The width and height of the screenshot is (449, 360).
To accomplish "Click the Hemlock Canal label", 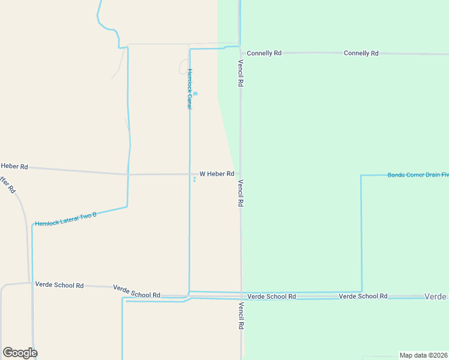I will tap(189, 89).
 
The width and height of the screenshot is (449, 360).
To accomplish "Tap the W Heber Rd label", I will tap(217, 174).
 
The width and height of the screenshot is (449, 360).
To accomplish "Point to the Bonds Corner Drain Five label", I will tap(418, 175).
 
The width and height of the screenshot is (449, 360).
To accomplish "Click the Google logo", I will tap(20, 353).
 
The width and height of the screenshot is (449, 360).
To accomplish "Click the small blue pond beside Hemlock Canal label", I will tap(194, 94).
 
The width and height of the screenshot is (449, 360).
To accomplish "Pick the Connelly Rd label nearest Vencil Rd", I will tap(264, 53).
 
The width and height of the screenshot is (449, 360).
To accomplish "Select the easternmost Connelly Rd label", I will tap(361, 53).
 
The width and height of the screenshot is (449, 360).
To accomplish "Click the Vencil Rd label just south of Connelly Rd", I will tap(240, 73).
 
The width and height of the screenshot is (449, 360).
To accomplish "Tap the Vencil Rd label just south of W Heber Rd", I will tap(240, 193).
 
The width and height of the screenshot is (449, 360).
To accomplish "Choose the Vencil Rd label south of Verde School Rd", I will tap(241, 316).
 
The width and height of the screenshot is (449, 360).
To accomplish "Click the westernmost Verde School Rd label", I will tap(59, 285).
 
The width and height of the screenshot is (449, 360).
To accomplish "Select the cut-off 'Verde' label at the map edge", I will tap(436, 296).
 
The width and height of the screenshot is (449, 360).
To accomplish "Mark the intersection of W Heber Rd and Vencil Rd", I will tap(241, 174).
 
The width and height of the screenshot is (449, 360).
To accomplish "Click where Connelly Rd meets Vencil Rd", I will tap(240, 53).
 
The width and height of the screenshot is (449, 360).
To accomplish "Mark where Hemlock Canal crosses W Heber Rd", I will tap(190, 175).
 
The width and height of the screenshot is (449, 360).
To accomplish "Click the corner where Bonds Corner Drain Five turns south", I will tap(361, 175).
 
